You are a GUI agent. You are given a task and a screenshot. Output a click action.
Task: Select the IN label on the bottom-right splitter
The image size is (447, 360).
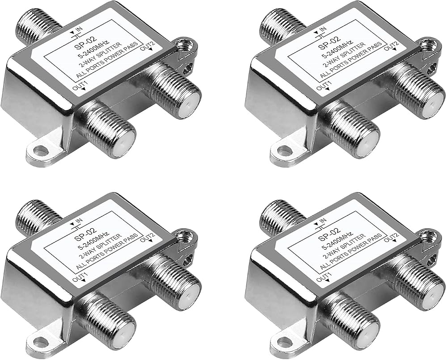click(x=320, y=220)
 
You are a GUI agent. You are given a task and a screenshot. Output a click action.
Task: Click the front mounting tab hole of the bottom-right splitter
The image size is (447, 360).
click(x=285, y=341)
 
